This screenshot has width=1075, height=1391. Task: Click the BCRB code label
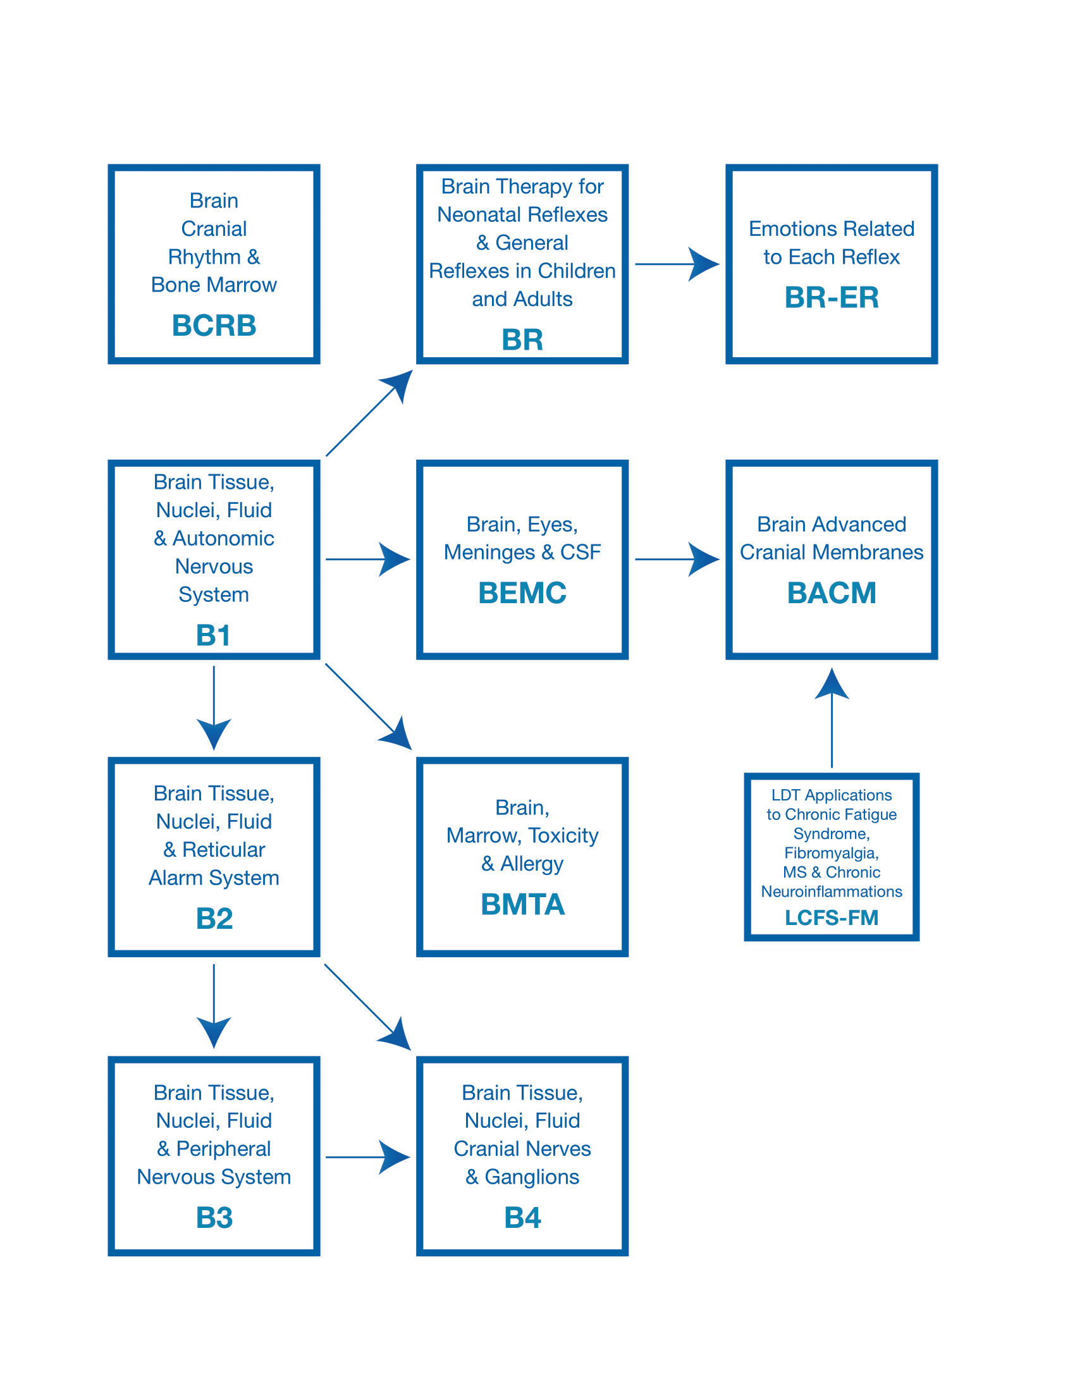[214, 326]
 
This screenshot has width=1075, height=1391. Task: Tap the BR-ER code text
[831, 297]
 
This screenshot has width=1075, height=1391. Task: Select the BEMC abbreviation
[522, 593]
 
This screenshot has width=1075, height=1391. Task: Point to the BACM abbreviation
[831, 593]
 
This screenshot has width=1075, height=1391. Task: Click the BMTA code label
[522, 904]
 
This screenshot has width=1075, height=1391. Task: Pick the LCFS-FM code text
[831, 918]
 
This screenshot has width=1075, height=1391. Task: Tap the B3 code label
[214, 1218]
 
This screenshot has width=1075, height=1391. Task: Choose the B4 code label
[522, 1218]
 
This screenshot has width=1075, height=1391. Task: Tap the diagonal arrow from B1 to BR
[369, 414]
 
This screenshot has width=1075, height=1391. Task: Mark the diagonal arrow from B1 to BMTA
[368, 706]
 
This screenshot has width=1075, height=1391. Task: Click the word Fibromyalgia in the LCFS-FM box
[831, 853]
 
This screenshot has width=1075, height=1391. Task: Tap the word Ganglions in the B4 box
[532, 1177]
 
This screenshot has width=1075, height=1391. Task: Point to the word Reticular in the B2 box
[223, 850]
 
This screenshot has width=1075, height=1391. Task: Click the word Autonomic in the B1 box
[223, 538]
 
